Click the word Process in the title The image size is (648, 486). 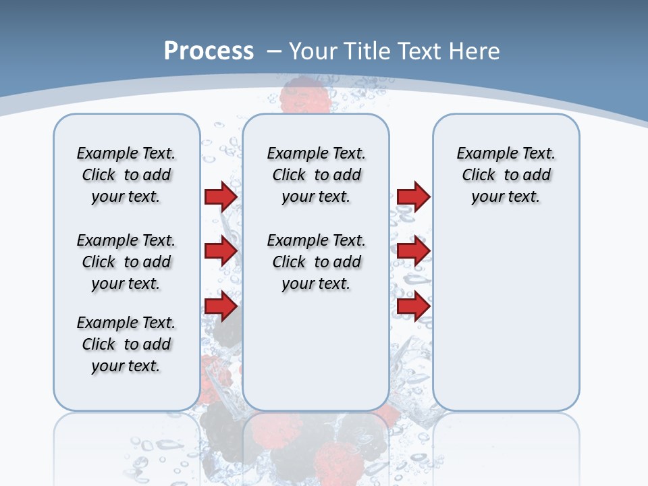tap(209, 51)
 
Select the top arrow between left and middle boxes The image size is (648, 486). tap(221, 196)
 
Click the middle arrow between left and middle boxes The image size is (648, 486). tap(221, 251)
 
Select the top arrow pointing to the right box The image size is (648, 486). tap(413, 196)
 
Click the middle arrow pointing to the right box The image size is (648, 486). tap(413, 251)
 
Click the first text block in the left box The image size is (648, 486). tap(126, 175)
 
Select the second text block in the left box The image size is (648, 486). tap(126, 262)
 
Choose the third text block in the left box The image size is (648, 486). tap(126, 344)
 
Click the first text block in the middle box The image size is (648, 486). tap(316, 175)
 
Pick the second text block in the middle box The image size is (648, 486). tap(316, 262)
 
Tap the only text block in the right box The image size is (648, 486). tap(506, 175)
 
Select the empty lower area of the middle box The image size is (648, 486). tap(316, 351)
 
